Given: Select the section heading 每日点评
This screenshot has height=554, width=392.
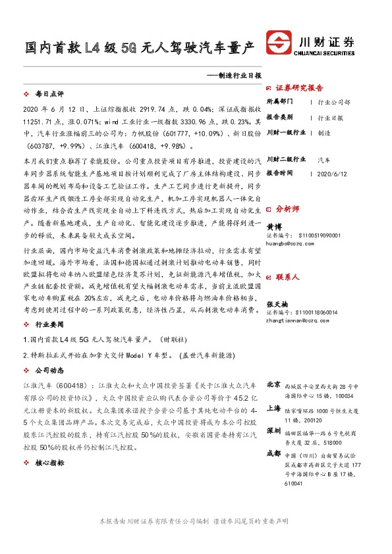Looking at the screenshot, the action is pos(48,95).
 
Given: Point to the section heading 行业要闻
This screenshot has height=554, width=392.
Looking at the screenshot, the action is pos(48,324).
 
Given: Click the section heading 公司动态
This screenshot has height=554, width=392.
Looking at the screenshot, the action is pos(48,370).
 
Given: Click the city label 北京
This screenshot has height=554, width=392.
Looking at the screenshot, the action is pos(273,383).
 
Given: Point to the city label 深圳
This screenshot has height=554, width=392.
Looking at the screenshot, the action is pos(273,430).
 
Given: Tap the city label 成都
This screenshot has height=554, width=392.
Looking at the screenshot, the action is pos(273,453).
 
